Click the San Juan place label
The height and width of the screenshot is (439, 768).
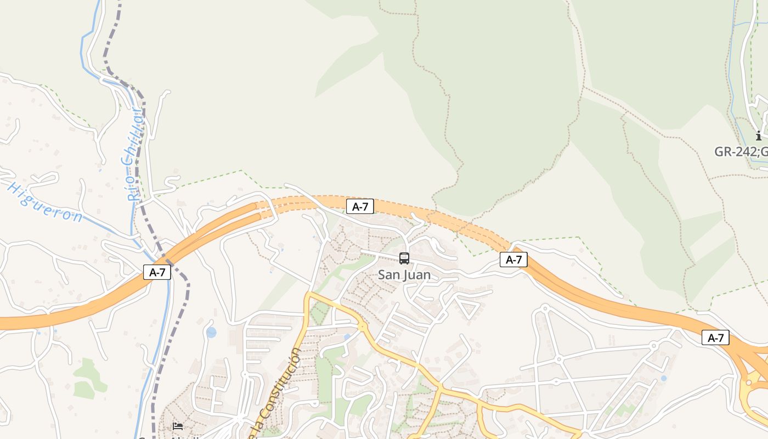pos(404,275)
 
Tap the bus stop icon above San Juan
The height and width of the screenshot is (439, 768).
pos(404,258)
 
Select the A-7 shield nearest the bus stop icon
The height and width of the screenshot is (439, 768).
pos(360,206)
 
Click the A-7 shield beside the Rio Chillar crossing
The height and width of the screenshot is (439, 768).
pos(157,272)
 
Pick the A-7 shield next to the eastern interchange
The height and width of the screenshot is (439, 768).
pos(715,337)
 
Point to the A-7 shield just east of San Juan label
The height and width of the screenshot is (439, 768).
pos(513,260)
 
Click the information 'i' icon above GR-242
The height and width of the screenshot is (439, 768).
pos(759,136)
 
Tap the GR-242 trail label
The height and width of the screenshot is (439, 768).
pos(741,151)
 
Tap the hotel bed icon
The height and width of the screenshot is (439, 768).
pos(177,426)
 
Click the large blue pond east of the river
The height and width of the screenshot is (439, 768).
pos(211,332)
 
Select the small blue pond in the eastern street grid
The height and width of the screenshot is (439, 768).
pos(664,378)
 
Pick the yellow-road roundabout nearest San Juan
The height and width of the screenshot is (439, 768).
pos(362,327)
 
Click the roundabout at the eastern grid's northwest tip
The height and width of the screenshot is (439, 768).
pos(545,308)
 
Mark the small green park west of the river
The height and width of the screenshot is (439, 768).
pos(88,379)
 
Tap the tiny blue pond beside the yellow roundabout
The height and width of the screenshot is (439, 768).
pos(347,337)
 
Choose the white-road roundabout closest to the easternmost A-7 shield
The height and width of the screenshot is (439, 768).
pos(653,346)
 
